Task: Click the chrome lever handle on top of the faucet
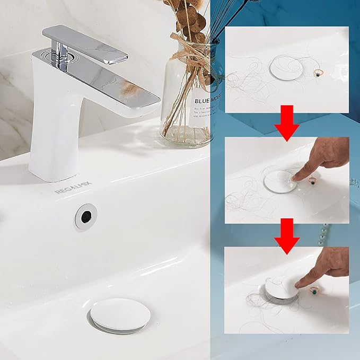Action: [85, 42]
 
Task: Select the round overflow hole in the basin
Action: [85, 216]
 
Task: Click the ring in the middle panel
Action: [313, 181]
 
